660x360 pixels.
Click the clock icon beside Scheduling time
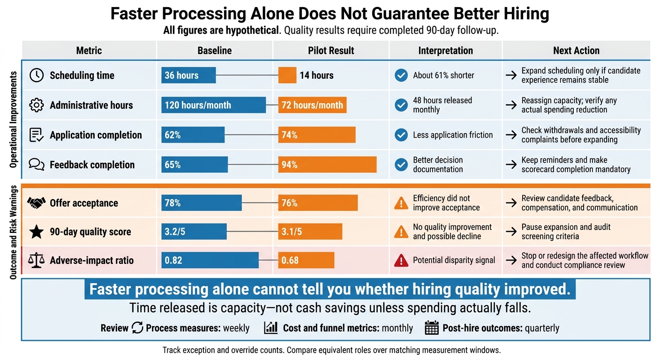click(x=37, y=75)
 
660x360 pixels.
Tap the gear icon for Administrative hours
click(x=37, y=105)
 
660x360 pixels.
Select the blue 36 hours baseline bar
click(x=188, y=75)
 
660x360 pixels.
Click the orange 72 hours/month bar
click(x=312, y=105)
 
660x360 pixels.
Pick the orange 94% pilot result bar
click(x=327, y=165)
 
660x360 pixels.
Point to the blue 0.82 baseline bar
click(x=210, y=260)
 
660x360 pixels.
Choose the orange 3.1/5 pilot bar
click(x=310, y=231)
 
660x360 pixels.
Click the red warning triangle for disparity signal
click(x=401, y=261)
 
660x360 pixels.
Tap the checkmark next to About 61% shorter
click(x=401, y=75)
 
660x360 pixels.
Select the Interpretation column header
click(x=445, y=50)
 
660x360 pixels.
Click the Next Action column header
click(x=576, y=50)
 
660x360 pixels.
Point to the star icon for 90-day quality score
click(x=37, y=232)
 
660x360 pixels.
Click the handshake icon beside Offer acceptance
click(x=37, y=202)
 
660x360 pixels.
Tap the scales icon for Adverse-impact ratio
click(x=37, y=260)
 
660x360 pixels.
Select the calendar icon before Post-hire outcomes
click(x=432, y=328)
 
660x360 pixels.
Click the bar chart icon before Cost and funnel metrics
click(x=271, y=328)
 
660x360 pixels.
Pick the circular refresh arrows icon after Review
click(x=137, y=328)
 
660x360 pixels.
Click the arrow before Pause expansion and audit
click(x=511, y=231)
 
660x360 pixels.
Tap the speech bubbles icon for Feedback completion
click(x=37, y=165)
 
